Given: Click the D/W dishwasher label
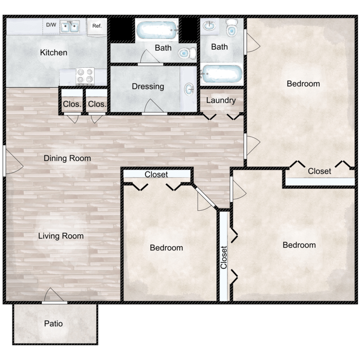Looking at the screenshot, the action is tap(51, 25).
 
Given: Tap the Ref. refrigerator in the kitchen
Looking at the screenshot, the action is tap(97, 27).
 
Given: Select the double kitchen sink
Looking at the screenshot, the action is tap(70, 26).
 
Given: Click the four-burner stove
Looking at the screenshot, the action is tap(85, 76).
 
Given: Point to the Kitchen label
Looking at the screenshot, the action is tap(53, 53).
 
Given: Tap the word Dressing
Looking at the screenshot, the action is tap(148, 86).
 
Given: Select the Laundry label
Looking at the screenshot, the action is tap(221, 100).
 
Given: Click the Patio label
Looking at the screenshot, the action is tap(53, 324).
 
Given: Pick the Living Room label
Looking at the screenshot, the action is tap(61, 236).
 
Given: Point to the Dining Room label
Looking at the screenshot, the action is tap(67, 158).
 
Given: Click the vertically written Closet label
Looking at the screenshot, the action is tap(224, 257).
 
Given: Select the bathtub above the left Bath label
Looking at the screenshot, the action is tap(157, 30).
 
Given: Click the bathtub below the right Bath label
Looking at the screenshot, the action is tap(222, 74).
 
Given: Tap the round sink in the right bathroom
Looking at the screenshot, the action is tap(209, 25).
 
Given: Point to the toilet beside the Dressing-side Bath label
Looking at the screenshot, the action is tap(187, 53).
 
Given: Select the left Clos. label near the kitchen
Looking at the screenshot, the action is tap(72, 104).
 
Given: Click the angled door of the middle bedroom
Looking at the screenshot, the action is tap(205, 196).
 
